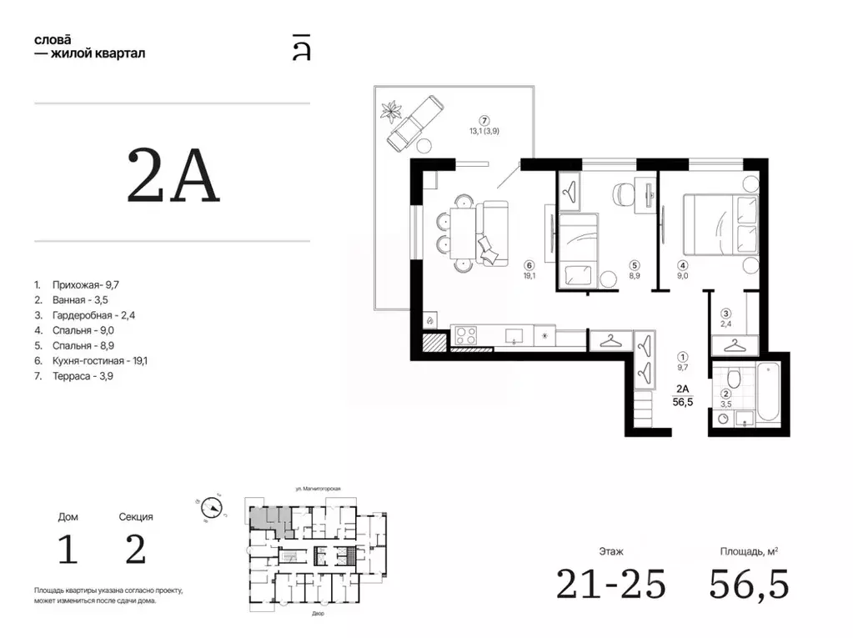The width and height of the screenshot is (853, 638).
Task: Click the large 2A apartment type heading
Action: pyautogui.click(x=173, y=176)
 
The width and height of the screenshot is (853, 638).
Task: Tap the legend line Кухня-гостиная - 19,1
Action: pyautogui.click(x=91, y=360)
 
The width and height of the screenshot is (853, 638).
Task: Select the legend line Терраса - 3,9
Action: pyautogui.click(x=74, y=376)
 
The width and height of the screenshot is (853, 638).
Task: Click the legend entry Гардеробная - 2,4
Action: pyautogui.click(x=84, y=315)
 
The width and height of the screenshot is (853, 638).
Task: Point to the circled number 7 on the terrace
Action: pyautogui.click(x=484, y=121)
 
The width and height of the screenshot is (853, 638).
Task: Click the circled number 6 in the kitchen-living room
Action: pyautogui.click(x=529, y=265)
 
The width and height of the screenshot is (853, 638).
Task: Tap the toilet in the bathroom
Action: pyautogui.click(x=734, y=376)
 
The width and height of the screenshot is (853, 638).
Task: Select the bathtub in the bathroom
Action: pyautogui.click(x=768, y=392)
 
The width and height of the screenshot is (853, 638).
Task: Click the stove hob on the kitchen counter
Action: pyautogui.click(x=465, y=335)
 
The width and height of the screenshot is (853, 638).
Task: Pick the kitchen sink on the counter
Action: pyautogui.click(x=514, y=336)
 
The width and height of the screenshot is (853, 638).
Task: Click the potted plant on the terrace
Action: pyautogui.click(x=389, y=112)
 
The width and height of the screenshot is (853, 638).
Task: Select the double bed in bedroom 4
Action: pyautogui.click(x=720, y=224)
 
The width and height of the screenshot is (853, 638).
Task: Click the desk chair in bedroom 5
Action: pyautogui.click(x=624, y=193)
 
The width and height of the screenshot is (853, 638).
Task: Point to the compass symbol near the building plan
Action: pyautogui.click(x=211, y=508)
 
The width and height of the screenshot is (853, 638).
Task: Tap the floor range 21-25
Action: pyautogui.click(x=611, y=584)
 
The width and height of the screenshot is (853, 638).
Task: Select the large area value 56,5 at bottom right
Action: pyautogui.click(x=749, y=584)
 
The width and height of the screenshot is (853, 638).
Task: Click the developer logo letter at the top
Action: pyautogui.click(x=301, y=48)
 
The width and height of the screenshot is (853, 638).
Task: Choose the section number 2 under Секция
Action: pyautogui.click(x=135, y=550)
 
